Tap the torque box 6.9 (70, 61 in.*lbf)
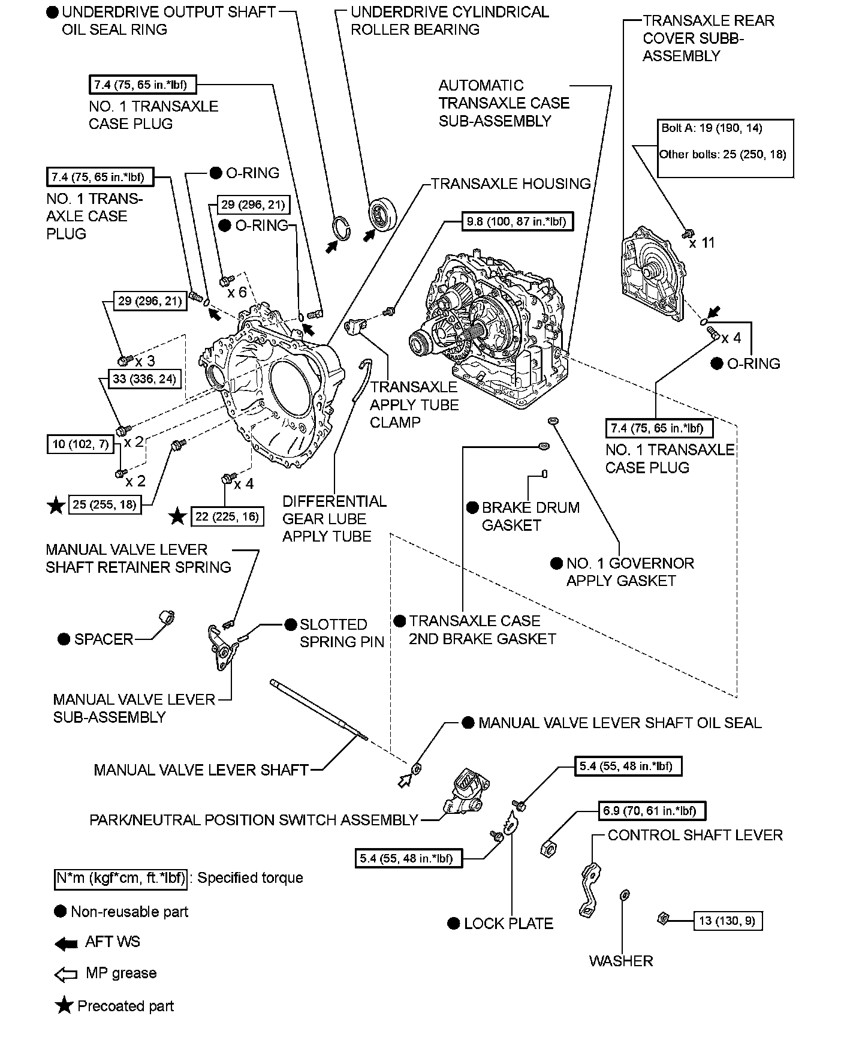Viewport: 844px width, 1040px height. [650, 811]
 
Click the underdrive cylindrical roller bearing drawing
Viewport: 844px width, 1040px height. [382, 213]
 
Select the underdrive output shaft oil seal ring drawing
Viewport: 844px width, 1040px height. [342, 227]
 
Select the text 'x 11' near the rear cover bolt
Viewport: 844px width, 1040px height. [701, 243]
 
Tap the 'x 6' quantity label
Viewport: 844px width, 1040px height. [237, 292]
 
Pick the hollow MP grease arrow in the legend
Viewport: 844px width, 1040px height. [65, 975]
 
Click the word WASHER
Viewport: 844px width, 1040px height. [620, 961]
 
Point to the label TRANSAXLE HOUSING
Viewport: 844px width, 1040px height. [511, 184]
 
